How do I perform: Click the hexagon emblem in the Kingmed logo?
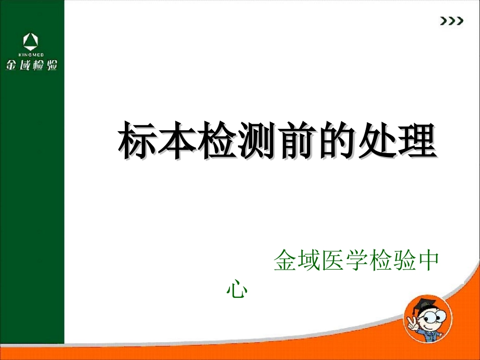pyautogui.click(x=31, y=40)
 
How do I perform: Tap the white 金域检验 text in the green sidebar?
pyautogui.click(x=31, y=65)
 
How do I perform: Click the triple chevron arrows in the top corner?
pyautogui.click(x=451, y=21)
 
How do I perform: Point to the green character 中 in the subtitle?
pyautogui.click(x=428, y=261)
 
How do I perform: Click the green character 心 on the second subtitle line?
pyautogui.click(x=236, y=289)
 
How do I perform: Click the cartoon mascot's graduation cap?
pyautogui.click(x=421, y=304)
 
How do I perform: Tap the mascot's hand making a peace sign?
pyautogui.click(x=410, y=323)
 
